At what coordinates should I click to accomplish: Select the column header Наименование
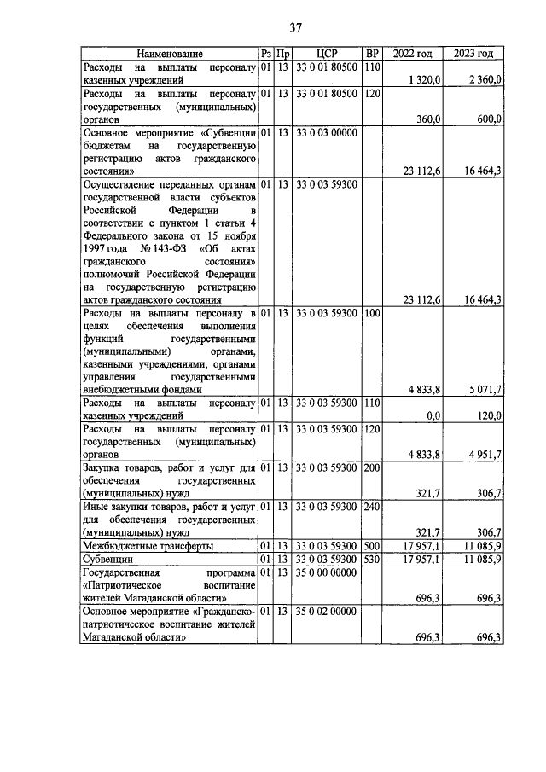pos(169,54)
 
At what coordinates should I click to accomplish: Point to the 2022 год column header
pos(412,54)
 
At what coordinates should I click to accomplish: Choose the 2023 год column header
pos(473,54)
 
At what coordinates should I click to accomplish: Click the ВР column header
pos(371,54)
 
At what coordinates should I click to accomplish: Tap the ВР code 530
pos(371,559)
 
